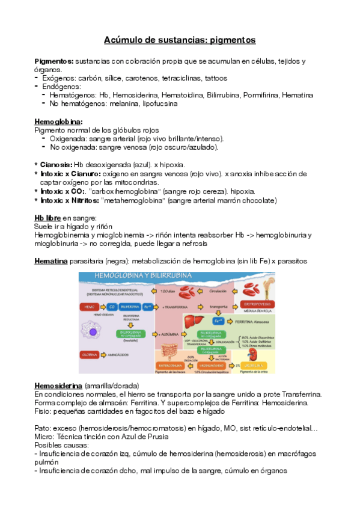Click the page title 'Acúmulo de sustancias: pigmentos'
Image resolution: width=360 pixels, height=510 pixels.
180,40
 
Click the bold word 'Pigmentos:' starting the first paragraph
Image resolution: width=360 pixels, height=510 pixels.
53,61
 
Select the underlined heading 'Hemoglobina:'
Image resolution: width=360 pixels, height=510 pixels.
58,121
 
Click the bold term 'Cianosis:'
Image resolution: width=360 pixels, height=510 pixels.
55,164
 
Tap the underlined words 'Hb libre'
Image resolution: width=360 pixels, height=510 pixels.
47,217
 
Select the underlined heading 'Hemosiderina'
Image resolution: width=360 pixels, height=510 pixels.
58,385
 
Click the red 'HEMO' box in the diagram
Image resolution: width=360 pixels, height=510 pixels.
88,307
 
